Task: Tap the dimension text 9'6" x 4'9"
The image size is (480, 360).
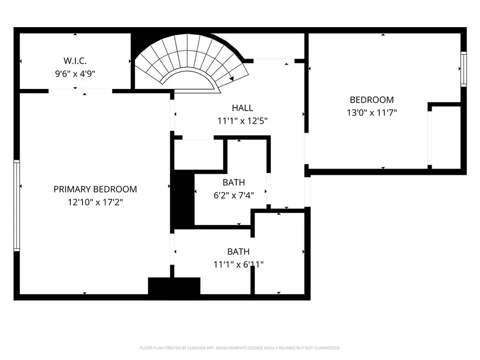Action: pos(75,74)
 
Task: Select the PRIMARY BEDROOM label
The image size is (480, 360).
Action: pos(95,189)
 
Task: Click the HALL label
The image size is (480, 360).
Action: pos(242,108)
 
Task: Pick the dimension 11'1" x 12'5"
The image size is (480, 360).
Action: pos(242,121)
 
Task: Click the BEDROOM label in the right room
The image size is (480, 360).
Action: pos(371,100)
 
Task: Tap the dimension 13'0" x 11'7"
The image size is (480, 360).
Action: pos(371,113)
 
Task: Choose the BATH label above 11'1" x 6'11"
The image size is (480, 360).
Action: pos(238,252)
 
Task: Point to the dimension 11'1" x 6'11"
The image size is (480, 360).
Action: pos(238,264)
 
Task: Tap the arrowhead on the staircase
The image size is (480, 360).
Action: pos(232,79)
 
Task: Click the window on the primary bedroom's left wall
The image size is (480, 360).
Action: pos(17,205)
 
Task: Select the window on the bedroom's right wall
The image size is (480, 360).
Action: pos(463,69)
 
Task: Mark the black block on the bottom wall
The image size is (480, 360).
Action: pos(173,286)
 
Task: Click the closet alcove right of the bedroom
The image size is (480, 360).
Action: pos(446,136)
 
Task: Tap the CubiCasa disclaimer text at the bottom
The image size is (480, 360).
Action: pos(239,348)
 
